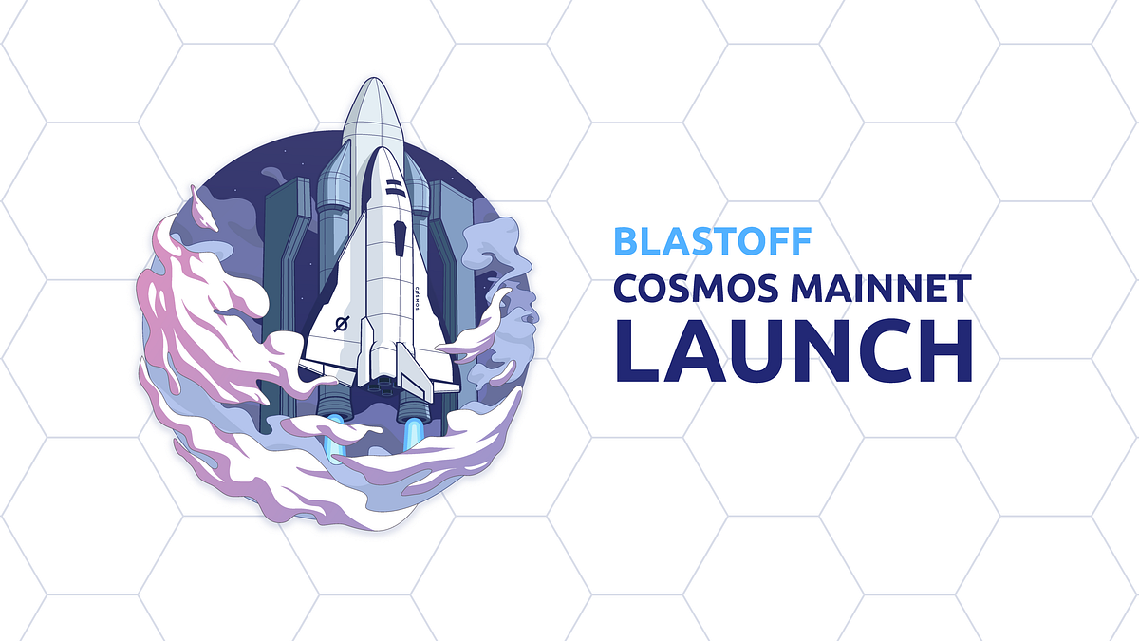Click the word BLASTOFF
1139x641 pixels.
click(x=712, y=241)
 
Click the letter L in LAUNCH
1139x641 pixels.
click(x=638, y=350)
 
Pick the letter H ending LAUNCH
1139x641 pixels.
click(x=945, y=350)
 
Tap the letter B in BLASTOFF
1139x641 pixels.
click(x=626, y=241)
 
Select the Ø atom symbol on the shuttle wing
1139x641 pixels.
click(x=342, y=324)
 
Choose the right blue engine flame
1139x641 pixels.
click(x=413, y=432)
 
